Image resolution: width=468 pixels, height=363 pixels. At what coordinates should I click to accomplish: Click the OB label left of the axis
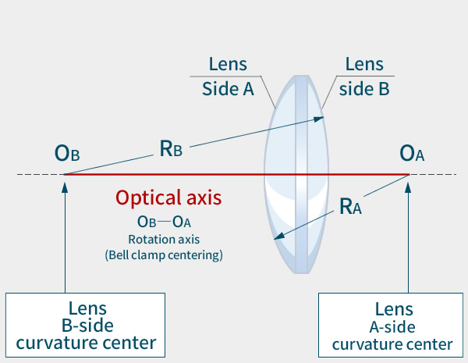click(x=67, y=152)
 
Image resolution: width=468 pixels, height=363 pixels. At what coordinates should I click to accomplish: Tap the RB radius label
click(x=171, y=149)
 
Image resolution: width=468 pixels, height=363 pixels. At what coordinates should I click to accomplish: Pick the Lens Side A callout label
click(x=228, y=76)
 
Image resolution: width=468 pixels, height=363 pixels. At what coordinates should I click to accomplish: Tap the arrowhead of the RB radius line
click(x=321, y=118)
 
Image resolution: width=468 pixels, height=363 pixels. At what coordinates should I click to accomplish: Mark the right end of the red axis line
click(x=409, y=174)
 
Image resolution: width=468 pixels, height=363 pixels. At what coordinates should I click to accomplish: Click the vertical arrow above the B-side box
click(x=66, y=234)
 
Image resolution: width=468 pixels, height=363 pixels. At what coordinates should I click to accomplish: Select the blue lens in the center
click(x=296, y=174)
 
